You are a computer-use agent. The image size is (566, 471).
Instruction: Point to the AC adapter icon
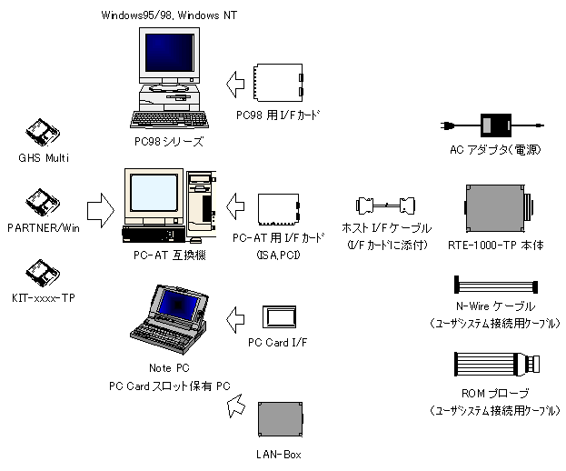(497, 125)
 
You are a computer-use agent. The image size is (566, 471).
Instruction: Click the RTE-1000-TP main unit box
(496, 207)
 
